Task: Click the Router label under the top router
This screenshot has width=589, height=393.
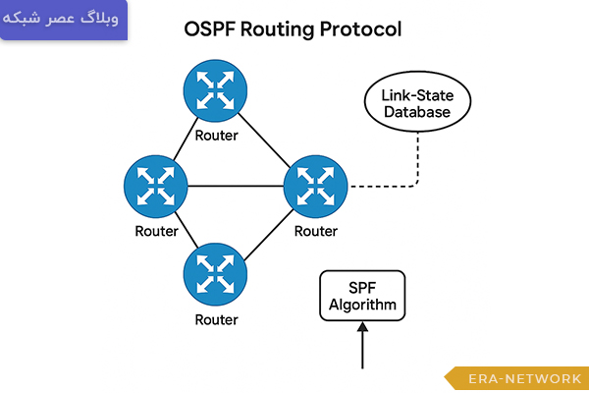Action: coord(216,135)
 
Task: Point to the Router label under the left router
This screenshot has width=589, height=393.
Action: coord(156,232)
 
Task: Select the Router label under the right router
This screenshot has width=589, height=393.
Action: coord(316,232)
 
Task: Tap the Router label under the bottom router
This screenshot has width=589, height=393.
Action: coord(216,319)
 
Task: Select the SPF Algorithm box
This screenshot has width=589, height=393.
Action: coord(362,296)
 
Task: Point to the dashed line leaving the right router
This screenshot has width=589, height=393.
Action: coord(383,186)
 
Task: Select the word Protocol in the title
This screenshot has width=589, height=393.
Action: coord(361,29)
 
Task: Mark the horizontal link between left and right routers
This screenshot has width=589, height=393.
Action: coord(236,187)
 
